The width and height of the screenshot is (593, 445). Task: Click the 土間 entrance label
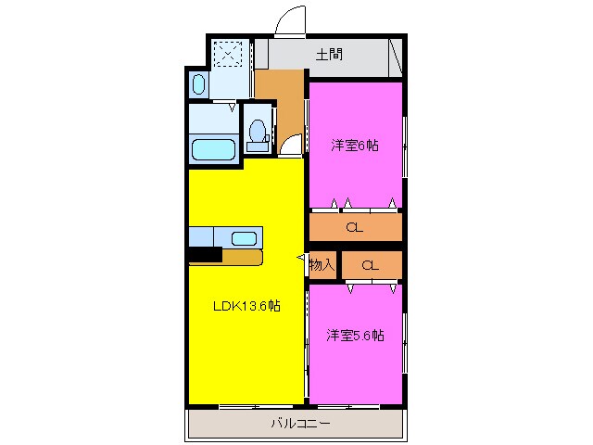(329, 54)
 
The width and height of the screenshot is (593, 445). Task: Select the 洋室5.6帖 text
(355, 336)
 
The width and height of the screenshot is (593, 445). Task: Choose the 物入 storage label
(322, 265)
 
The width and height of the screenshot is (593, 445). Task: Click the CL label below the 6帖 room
(354, 227)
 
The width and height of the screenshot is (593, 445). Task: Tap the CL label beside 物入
(371, 265)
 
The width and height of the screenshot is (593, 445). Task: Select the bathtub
(214, 149)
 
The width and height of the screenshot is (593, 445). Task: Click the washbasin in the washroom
(199, 85)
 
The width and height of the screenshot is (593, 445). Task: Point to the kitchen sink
(244, 237)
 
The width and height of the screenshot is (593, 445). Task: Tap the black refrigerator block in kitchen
(205, 256)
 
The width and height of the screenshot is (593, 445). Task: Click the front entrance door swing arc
(291, 20)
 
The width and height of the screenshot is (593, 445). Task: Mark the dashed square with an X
(226, 53)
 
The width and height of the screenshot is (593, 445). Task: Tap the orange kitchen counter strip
(242, 256)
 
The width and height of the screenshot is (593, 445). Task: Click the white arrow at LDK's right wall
(300, 257)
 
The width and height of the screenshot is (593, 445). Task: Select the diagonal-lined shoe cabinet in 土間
(395, 56)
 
